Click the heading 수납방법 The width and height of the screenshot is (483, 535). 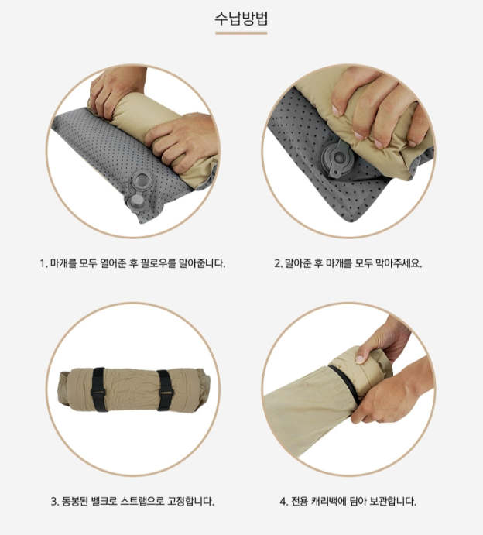tap(241, 19)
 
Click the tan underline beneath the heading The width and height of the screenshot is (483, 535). tap(241, 33)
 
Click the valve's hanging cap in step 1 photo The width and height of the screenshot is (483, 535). tap(135, 202)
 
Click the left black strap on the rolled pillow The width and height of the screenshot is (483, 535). tap(98, 389)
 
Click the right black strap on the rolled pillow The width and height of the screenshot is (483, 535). tap(166, 390)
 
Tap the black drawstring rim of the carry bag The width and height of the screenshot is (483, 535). tap(344, 383)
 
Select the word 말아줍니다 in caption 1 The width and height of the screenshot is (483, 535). tap(202, 263)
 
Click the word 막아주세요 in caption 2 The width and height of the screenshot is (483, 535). tap(399, 263)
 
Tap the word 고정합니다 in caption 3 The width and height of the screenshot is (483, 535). tap(190, 501)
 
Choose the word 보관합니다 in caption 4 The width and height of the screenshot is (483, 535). tap(393, 501)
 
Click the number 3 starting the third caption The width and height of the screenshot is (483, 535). tap(54, 502)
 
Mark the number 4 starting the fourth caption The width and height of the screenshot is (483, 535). tap(283, 502)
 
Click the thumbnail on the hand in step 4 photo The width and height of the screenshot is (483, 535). tap(360, 358)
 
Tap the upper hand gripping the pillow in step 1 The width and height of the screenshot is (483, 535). tap(116, 91)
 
